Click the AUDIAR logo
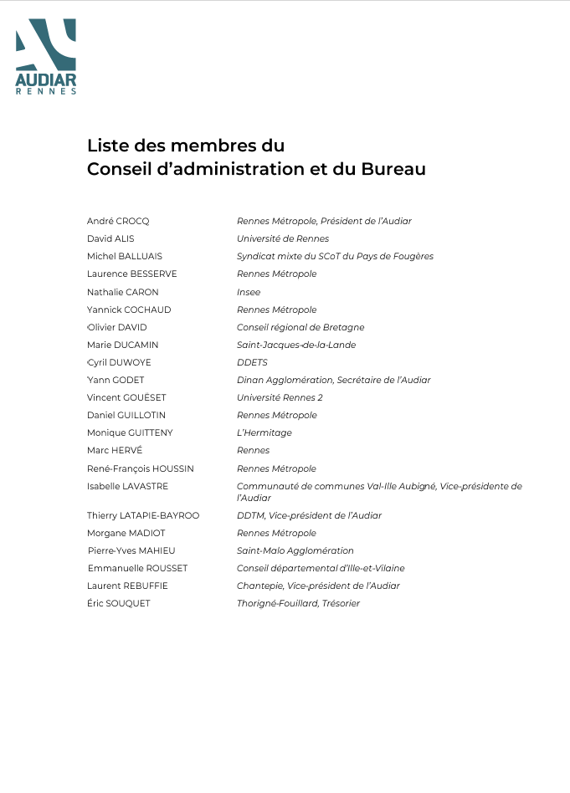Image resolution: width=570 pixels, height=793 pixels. [46, 56]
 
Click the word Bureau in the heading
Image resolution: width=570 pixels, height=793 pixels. [393, 169]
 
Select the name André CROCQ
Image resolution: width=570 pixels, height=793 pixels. [118, 221]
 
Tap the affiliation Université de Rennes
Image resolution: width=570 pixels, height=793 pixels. [283, 238]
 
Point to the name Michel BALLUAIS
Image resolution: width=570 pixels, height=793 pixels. [125, 256]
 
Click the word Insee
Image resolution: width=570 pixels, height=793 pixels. [249, 292]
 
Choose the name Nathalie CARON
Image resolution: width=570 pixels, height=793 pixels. [122, 292]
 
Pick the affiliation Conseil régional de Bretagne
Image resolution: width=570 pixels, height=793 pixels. [300, 327]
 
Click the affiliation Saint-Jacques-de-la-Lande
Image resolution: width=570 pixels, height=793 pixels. [296, 345]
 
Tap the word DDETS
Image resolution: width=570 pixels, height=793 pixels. [252, 362]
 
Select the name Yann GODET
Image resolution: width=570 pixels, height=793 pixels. [116, 380]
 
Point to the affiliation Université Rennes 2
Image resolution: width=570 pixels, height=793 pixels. [280, 397]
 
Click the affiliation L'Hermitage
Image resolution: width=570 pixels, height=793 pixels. [264, 432]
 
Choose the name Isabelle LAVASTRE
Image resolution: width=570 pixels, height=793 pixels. [127, 486]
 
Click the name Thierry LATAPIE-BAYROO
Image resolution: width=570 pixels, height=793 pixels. [143, 515]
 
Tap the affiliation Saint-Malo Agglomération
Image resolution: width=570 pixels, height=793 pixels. [295, 550]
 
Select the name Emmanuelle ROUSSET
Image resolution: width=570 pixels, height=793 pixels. [137, 568]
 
